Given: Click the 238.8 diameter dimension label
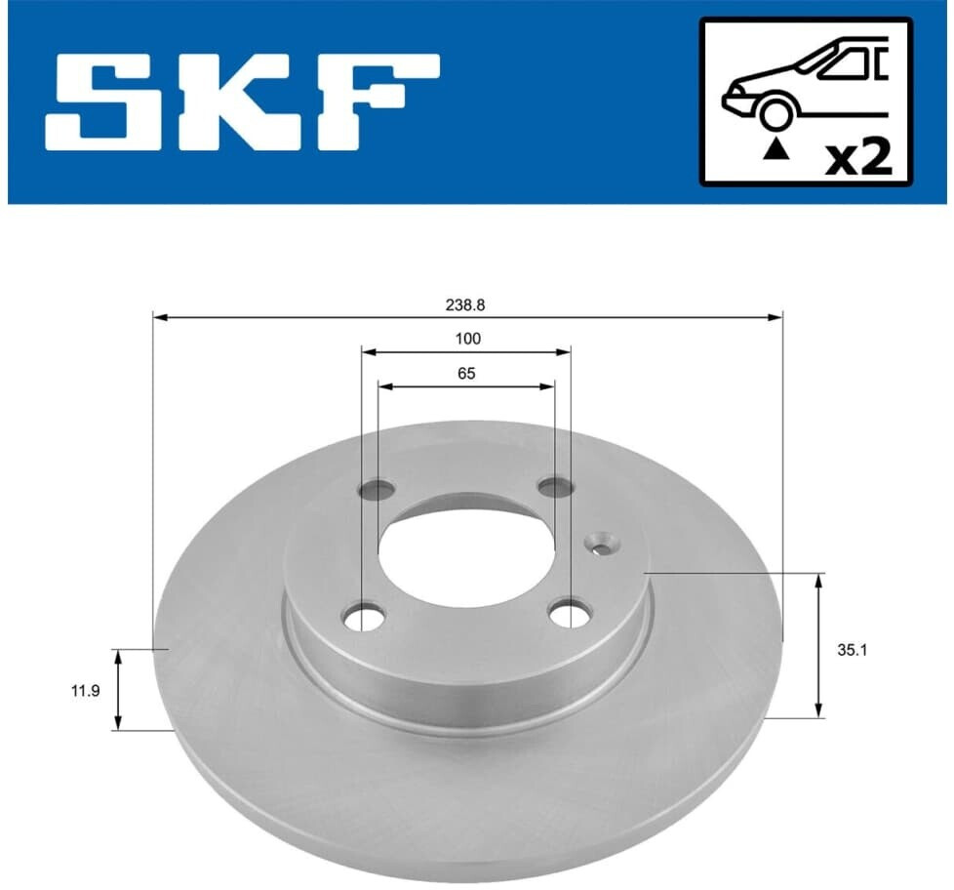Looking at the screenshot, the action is [465, 305].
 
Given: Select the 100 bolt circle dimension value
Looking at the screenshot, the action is [467, 339].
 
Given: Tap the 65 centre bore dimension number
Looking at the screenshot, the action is [466, 373].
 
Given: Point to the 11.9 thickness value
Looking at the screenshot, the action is [85, 691].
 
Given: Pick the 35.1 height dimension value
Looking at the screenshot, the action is [852, 650].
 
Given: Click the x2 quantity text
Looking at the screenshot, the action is [857, 158].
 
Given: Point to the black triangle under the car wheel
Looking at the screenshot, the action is [775, 148].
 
